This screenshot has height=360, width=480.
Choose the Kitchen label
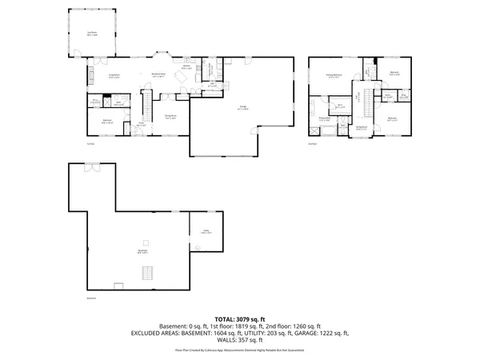186,68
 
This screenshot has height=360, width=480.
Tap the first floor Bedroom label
107,122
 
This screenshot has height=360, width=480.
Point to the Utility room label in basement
206,232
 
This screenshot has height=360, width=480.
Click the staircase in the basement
146,274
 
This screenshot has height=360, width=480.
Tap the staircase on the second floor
370,102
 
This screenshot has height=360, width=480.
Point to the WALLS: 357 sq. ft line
240,339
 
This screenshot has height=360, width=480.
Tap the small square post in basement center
145,242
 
